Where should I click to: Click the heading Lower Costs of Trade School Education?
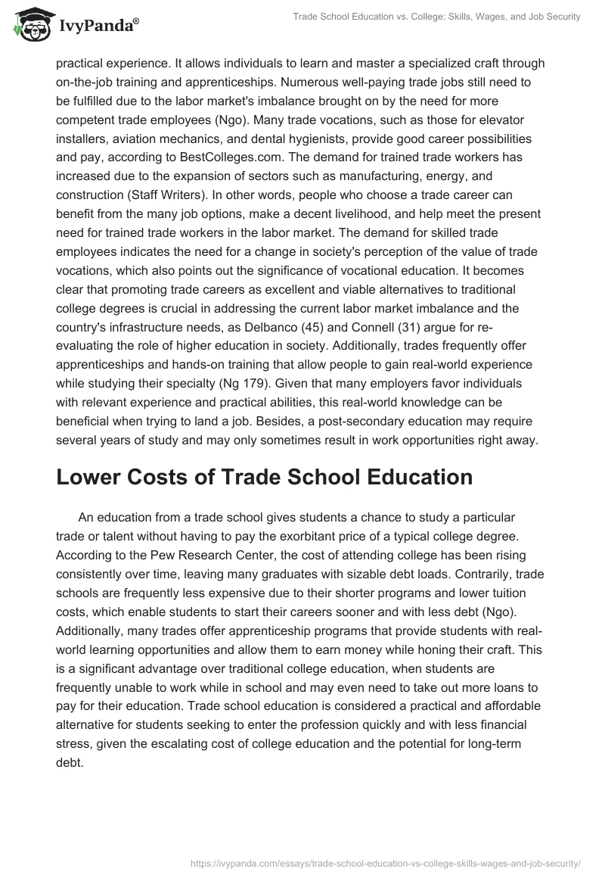[x=264, y=478]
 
